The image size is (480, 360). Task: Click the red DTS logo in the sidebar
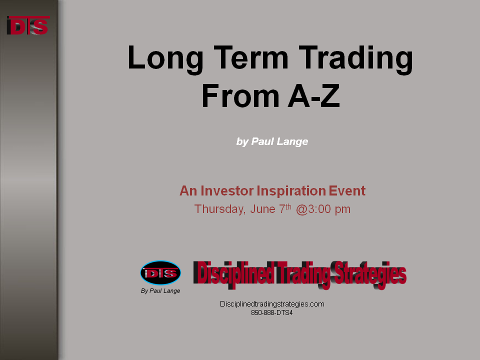pyautogui.click(x=28, y=25)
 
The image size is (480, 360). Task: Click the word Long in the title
pyautogui.click(x=165, y=58)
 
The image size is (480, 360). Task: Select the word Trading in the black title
pyautogui.click(x=355, y=58)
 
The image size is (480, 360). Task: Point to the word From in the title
pyautogui.click(x=240, y=95)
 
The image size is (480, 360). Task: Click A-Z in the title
pyautogui.click(x=314, y=95)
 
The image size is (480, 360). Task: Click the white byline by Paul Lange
pyautogui.click(x=272, y=141)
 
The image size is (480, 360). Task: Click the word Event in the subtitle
pyautogui.click(x=347, y=190)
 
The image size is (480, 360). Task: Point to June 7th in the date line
pyautogui.click(x=271, y=209)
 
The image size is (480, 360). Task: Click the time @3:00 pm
pyautogui.click(x=323, y=209)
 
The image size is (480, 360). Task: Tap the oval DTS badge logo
pyautogui.click(x=160, y=273)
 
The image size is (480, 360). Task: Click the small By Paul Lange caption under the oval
pyautogui.click(x=160, y=291)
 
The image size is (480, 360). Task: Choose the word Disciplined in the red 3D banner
pyautogui.click(x=234, y=273)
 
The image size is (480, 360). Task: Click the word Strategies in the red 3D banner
pyautogui.click(x=370, y=274)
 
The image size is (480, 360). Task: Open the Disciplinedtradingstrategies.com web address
pyautogui.click(x=272, y=304)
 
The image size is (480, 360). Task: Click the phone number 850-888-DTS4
pyautogui.click(x=272, y=313)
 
